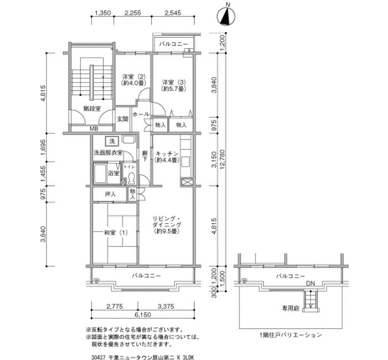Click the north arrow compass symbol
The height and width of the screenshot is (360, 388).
(x=226, y=16)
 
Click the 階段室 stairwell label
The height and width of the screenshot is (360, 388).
(x=92, y=109)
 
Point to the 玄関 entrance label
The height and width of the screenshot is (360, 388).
(x=122, y=119)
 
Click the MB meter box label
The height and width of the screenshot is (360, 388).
(x=94, y=129)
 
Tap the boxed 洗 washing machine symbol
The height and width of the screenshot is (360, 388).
(x=112, y=141)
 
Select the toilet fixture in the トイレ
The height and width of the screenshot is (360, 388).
(x=131, y=178)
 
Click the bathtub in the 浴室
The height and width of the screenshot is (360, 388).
(x=100, y=173)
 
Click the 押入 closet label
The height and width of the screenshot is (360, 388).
(x=110, y=194)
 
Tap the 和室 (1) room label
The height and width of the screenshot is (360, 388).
(x=116, y=233)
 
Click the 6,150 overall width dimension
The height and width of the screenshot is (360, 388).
(x=143, y=315)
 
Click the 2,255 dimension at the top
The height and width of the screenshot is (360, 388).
(x=132, y=13)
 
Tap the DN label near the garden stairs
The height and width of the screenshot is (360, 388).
(x=310, y=284)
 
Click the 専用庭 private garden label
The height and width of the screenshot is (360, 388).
(x=291, y=308)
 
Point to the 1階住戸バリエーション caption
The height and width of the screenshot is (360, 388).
(x=291, y=335)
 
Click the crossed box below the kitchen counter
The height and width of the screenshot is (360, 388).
(x=186, y=182)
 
